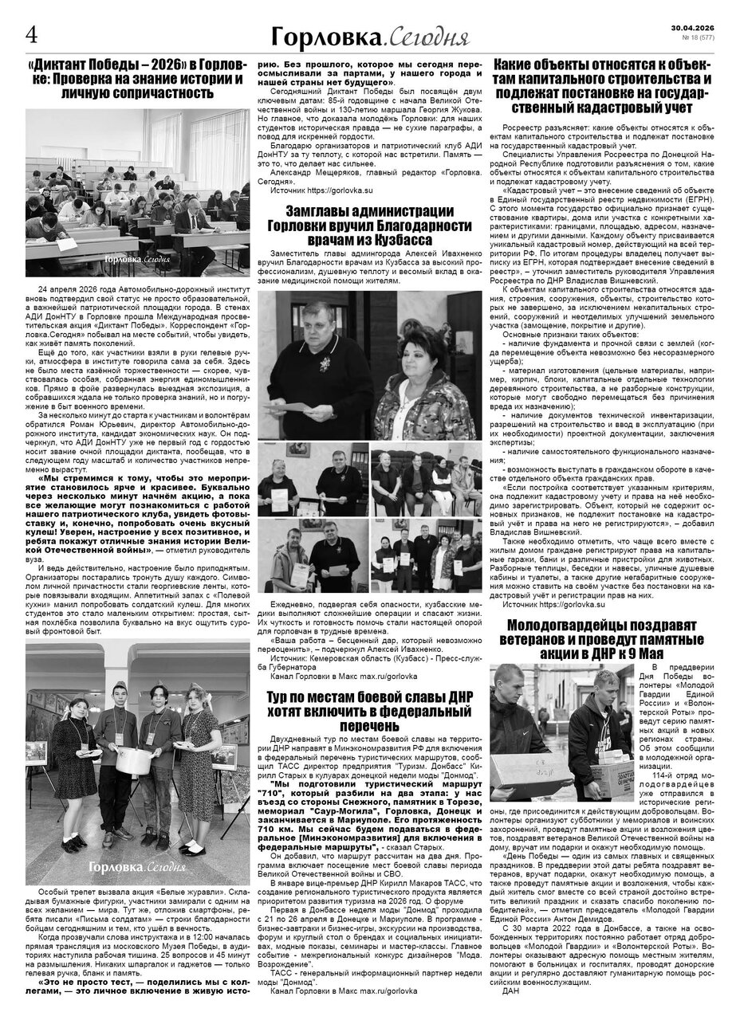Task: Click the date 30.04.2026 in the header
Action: click(x=699, y=26)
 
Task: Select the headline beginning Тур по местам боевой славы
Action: click(x=369, y=712)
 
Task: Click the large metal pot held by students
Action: click(x=132, y=756)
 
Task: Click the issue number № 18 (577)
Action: click(x=699, y=37)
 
